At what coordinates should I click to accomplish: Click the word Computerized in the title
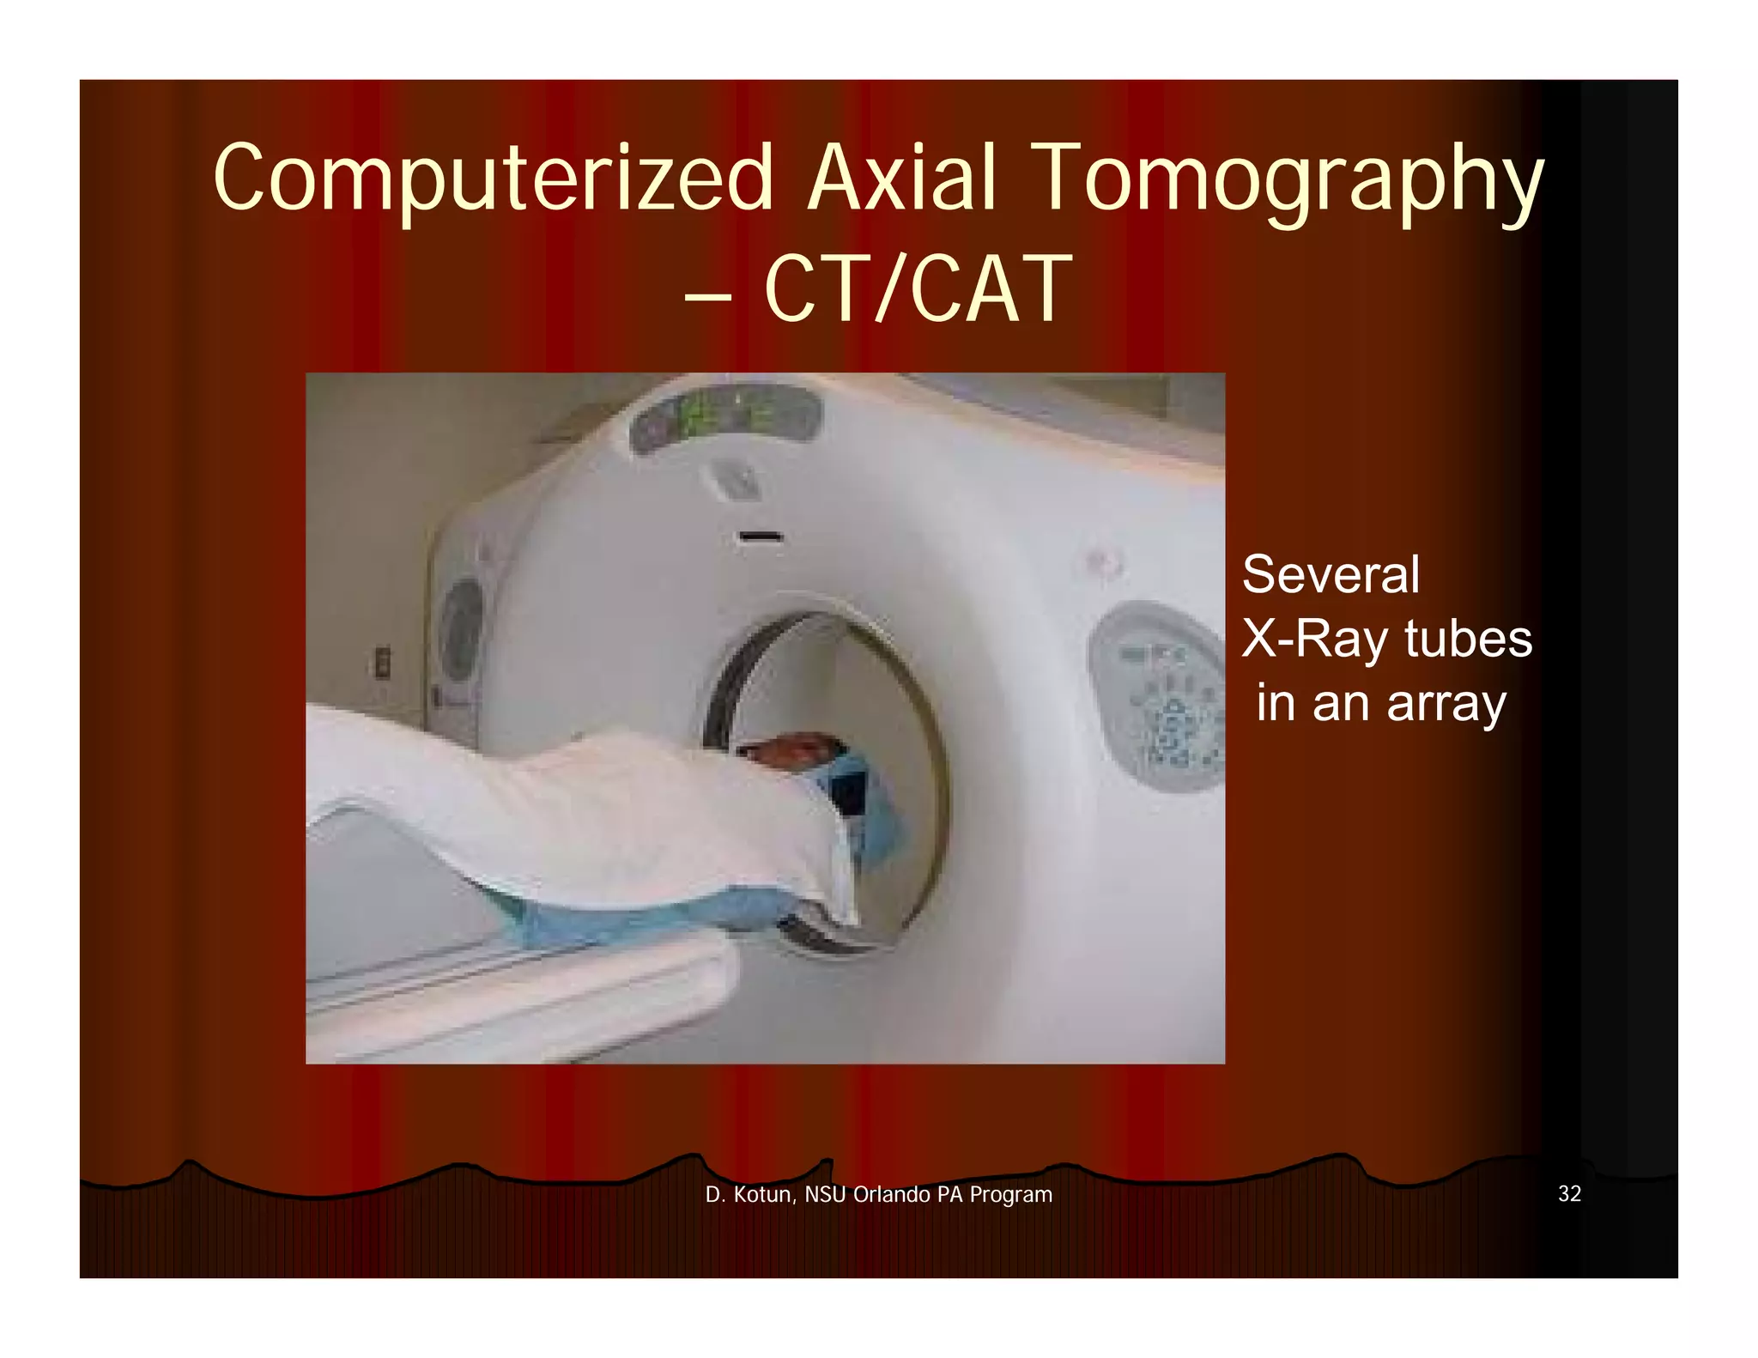pyautogui.click(x=494, y=179)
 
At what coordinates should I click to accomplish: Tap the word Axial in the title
pyautogui.click(x=901, y=179)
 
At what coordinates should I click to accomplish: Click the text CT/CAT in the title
pyautogui.click(x=918, y=289)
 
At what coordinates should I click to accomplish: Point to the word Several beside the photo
pyautogui.click(x=1331, y=574)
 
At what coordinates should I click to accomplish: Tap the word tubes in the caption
pyautogui.click(x=1468, y=639)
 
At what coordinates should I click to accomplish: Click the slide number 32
pyautogui.click(x=1569, y=1194)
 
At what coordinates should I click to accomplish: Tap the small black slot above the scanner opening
pyautogui.click(x=761, y=537)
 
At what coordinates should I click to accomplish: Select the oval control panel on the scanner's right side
pyautogui.click(x=1159, y=695)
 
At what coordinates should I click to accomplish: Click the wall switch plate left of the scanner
pyautogui.click(x=382, y=662)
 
